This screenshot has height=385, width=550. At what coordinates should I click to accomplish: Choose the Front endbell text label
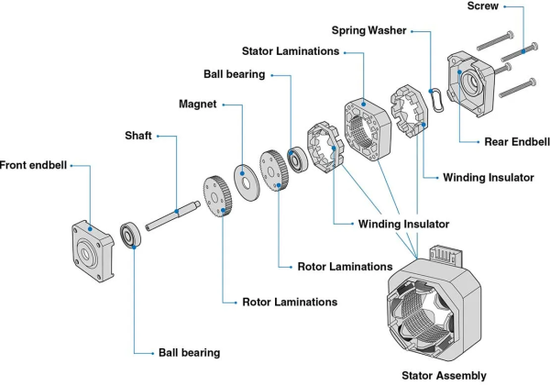point(34,166)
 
